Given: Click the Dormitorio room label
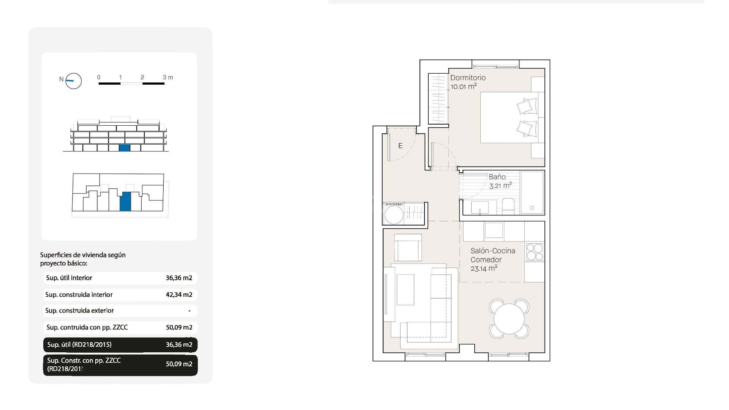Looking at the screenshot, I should point(468,78).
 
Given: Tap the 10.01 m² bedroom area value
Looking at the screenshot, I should point(463,87).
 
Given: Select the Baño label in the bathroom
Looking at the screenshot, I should point(497,177).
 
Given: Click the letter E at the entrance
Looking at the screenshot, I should point(400,146).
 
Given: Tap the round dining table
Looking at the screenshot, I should point(509,319).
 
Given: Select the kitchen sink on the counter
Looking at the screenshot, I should point(494,230).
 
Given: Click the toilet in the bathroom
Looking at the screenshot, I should point(508,207).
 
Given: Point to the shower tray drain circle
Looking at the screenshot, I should point(532,208).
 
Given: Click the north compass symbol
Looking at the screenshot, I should point(73,81).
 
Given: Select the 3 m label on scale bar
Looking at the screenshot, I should point(167,77).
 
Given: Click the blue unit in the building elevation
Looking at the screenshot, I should point(125,148).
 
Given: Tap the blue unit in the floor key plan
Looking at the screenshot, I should point(125,201).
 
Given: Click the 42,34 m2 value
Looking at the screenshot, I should point(179,295).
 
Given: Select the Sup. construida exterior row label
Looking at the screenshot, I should point(79,311).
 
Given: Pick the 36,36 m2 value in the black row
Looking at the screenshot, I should point(179,345).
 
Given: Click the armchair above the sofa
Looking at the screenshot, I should point(408,248).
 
